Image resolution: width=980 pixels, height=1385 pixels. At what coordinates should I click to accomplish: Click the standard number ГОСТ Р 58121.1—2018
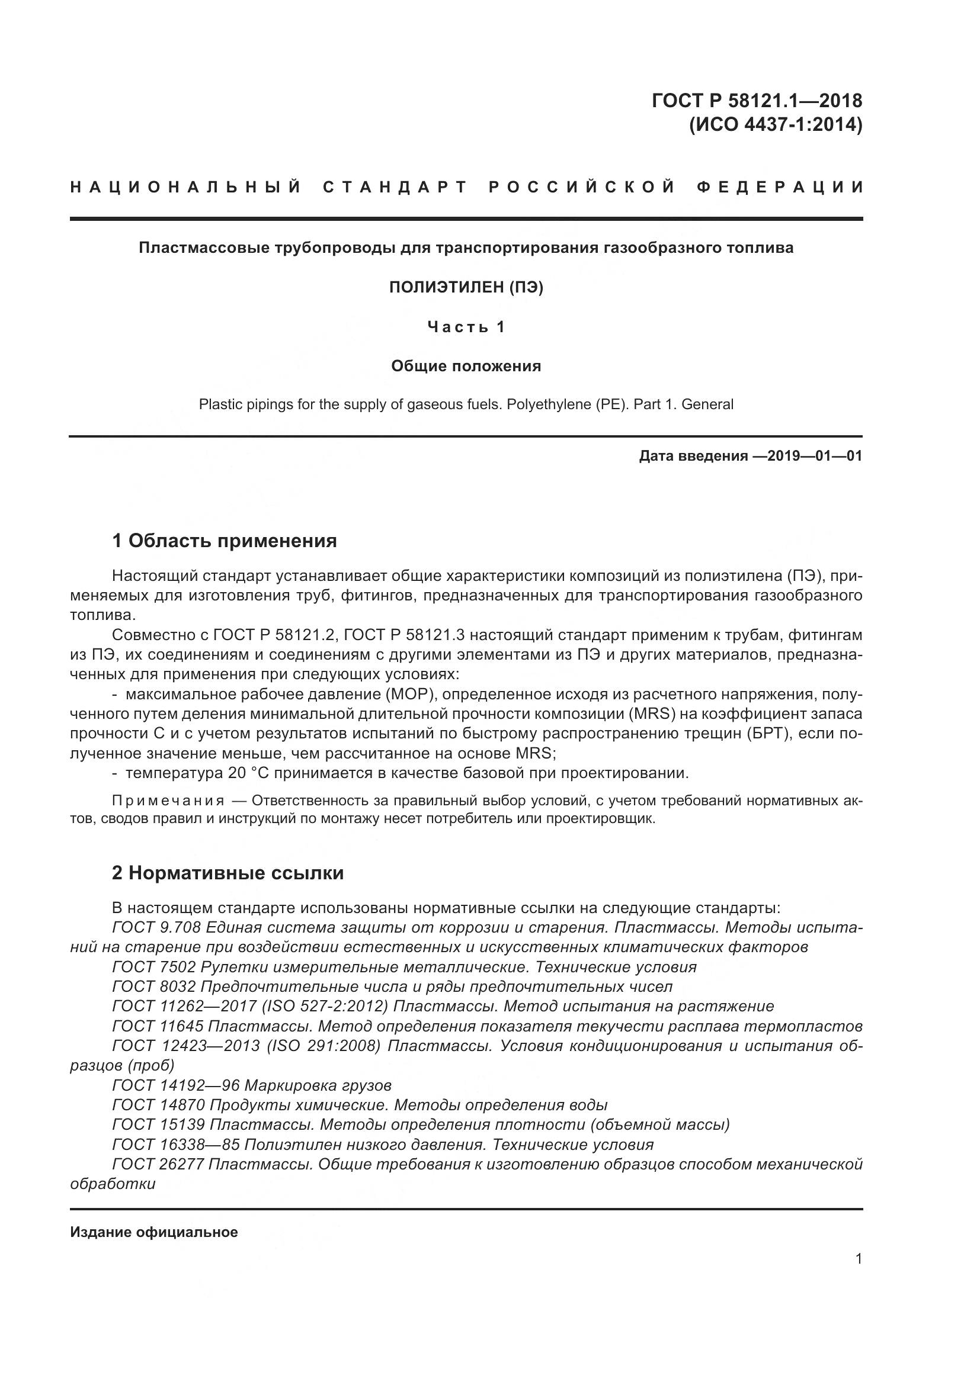point(757,100)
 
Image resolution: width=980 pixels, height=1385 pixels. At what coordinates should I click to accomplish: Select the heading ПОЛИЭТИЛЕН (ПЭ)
point(466,288)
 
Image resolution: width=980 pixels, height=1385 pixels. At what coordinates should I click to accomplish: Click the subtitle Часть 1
point(466,327)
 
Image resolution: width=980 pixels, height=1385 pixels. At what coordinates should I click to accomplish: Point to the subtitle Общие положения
point(466,366)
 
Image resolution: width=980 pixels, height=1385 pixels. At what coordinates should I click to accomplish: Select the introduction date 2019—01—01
point(806,456)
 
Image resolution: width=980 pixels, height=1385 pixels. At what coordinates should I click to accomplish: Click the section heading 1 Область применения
point(225,541)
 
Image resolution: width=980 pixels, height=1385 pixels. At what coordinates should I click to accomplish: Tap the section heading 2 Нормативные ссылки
point(228,873)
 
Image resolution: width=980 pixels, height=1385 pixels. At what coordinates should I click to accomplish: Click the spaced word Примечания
point(168,801)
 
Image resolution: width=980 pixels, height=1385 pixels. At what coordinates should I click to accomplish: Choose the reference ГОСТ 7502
point(154,968)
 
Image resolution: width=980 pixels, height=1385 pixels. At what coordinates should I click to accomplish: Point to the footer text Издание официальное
point(154,1232)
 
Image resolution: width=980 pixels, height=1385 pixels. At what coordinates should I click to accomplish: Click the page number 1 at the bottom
point(859,1259)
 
